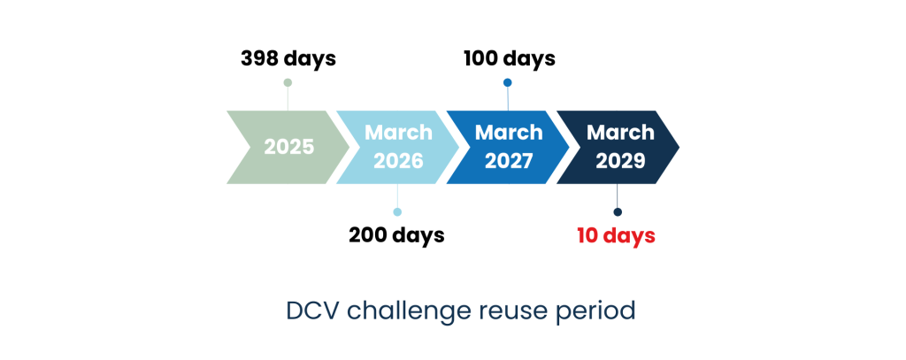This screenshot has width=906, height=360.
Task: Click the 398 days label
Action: tap(288, 59)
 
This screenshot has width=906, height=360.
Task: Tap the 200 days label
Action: tap(397, 235)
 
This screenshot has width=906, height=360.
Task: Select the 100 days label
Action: tap(510, 59)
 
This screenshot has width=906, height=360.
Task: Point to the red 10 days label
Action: tap(617, 236)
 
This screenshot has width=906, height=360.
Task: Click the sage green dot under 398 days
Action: tap(288, 82)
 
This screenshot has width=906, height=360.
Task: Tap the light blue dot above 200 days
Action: tap(397, 212)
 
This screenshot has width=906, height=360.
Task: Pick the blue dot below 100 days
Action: tap(507, 82)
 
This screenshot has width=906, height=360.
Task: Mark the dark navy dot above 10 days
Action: tap(618, 212)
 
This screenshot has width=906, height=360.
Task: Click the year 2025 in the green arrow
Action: tap(289, 148)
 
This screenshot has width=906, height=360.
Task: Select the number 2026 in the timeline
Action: tap(398, 161)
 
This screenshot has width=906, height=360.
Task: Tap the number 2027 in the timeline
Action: tap(509, 161)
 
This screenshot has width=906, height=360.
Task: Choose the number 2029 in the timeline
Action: tap(620, 161)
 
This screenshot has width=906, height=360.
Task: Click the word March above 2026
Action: tap(398, 133)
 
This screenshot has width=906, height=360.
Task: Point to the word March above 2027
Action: tap(509, 133)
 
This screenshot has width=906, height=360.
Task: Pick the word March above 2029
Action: tap(620, 133)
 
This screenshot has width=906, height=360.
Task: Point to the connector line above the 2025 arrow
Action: tap(288, 99)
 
